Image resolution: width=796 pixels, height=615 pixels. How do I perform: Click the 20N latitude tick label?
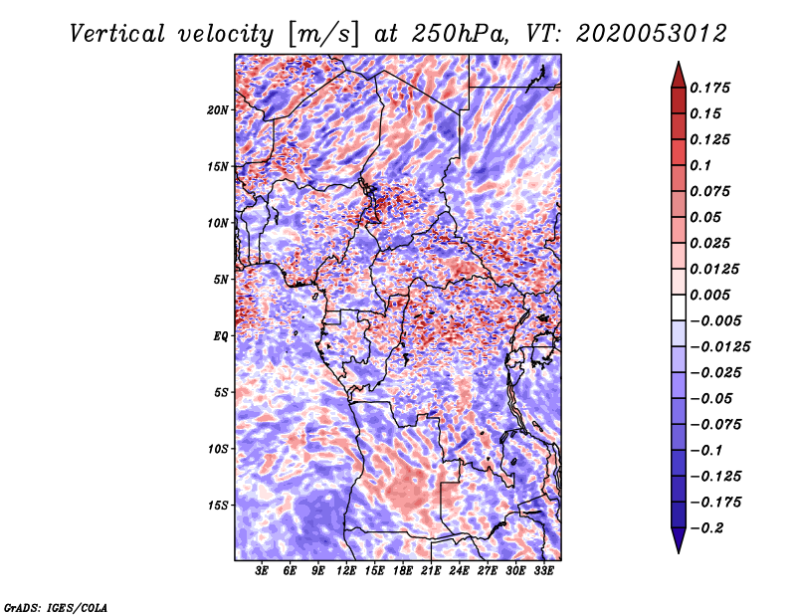tap(217, 110)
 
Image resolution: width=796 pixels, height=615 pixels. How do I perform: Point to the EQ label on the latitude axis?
tap(220, 336)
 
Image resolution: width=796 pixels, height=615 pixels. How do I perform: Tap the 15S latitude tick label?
tap(217, 506)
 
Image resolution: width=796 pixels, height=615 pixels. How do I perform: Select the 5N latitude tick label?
tap(220, 280)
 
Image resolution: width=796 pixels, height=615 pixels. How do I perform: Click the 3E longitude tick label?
tap(262, 571)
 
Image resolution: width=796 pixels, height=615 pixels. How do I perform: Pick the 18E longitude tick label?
tap(403, 571)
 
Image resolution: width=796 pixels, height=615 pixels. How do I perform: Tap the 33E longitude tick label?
tap(543, 571)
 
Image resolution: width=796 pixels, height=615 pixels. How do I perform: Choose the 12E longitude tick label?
tap(346, 571)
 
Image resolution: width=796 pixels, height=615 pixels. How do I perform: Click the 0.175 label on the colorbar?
tap(709, 88)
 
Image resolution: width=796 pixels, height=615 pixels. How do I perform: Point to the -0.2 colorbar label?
tap(706, 528)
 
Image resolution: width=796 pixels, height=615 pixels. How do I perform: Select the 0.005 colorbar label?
tap(709, 295)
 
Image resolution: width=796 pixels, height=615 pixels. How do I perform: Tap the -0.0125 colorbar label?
tap(719, 347)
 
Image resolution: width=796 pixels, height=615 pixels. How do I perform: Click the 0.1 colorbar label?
tap(700, 165)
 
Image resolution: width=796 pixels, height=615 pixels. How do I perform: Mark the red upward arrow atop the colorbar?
tap(679, 75)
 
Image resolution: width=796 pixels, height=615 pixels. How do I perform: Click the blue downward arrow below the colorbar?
tap(679, 540)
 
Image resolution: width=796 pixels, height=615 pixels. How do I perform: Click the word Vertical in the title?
tap(117, 34)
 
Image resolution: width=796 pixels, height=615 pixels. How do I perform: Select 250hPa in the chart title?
tap(460, 34)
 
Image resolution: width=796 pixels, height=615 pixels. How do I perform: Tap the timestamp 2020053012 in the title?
tap(652, 34)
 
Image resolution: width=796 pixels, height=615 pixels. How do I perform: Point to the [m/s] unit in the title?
tap(323, 35)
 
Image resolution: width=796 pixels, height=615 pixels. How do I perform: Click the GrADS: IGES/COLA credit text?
tap(56, 608)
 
